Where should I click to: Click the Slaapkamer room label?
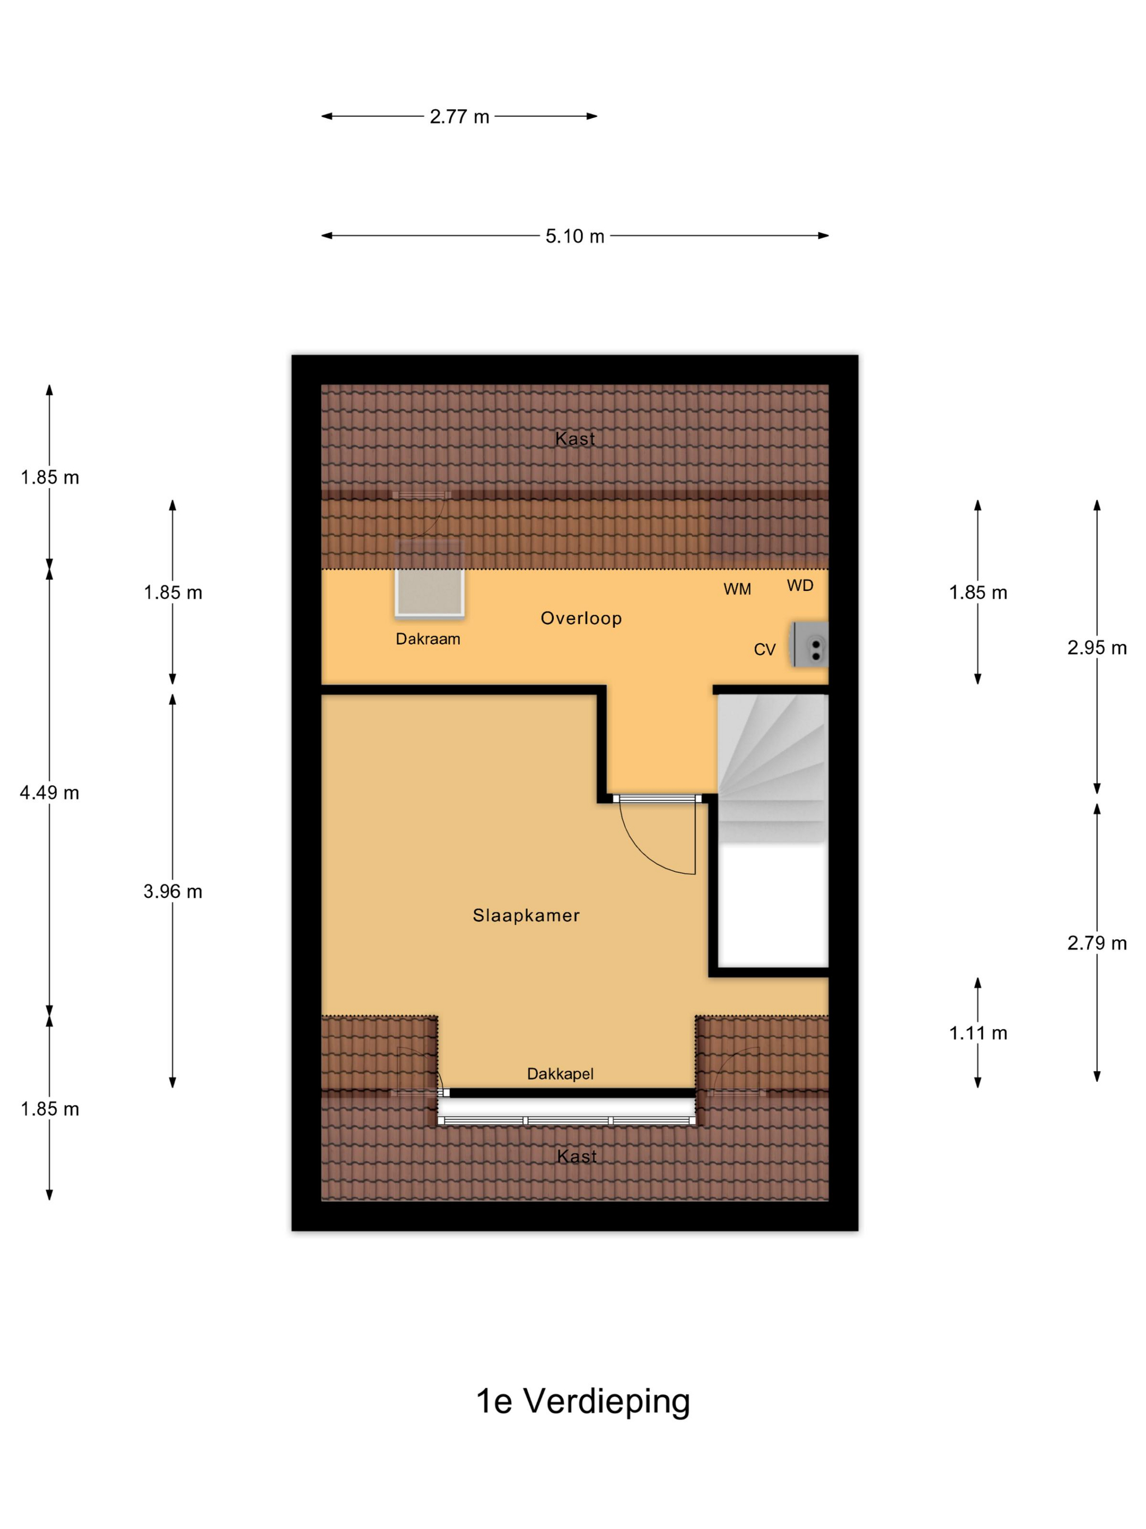(x=526, y=915)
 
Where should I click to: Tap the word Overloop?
(x=581, y=619)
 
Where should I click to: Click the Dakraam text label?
(x=428, y=639)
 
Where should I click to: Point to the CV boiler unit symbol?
(x=810, y=644)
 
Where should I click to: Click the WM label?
(x=737, y=589)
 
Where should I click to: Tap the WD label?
(x=800, y=585)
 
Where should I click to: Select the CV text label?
(x=765, y=649)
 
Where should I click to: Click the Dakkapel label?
(x=560, y=1074)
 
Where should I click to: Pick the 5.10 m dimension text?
(x=575, y=236)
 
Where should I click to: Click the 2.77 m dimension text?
(x=459, y=117)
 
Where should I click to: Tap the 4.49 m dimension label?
(x=50, y=793)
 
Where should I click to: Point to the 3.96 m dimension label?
(x=172, y=892)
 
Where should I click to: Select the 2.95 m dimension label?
(x=1097, y=648)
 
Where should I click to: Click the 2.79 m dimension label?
(x=1097, y=943)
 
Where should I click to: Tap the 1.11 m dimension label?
(x=978, y=1033)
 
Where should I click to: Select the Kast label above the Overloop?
(x=575, y=438)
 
